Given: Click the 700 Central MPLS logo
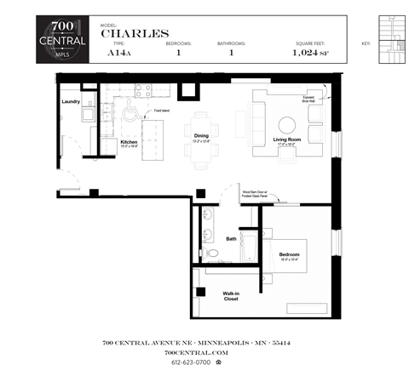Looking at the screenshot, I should [x=60, y=40].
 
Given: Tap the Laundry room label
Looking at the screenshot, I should [x=71, y=101].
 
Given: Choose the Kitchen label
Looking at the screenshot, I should [x=130, y=141].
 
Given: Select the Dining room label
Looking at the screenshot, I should [x=202, y=135].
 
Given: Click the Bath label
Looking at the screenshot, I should [x=231, y=239].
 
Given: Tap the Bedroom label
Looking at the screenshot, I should [x=290, y=254].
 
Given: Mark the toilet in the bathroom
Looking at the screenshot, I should [x=210, y=254].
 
